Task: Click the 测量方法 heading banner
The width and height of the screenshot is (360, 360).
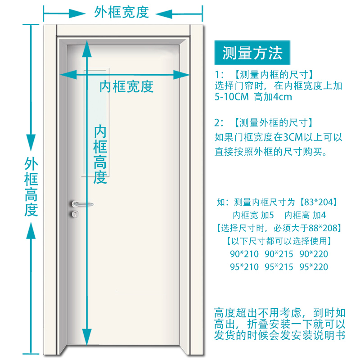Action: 252,53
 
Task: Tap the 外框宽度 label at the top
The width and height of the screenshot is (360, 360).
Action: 121,12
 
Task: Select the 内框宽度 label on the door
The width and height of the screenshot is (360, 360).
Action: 126,86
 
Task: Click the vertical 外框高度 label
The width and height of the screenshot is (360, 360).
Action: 31,187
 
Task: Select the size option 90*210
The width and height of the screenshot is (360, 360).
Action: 244,254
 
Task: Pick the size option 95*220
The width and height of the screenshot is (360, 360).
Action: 314,267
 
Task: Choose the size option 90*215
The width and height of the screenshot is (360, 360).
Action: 279,254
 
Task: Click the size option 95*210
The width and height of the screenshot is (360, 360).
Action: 244,267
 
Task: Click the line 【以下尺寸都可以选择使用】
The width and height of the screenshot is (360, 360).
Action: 279,241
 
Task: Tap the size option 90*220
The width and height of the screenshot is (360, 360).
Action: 314,254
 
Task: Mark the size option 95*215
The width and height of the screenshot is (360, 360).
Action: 279,267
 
